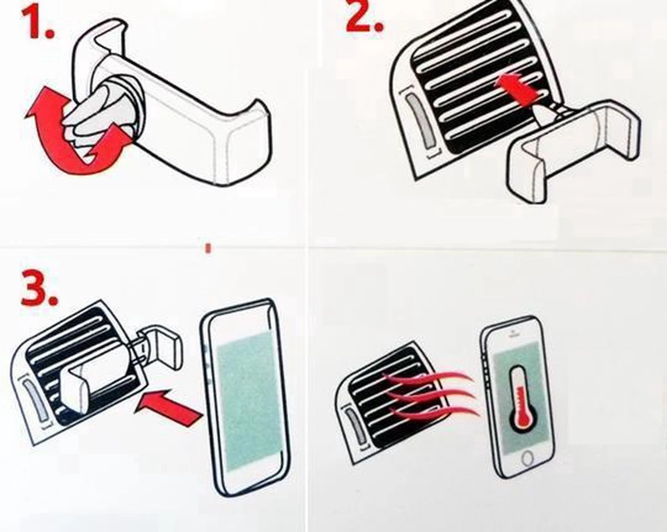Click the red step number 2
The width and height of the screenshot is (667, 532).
point(365,15)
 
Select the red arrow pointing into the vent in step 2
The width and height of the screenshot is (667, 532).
point(517,90)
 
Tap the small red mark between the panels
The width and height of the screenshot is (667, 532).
point(208,248)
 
